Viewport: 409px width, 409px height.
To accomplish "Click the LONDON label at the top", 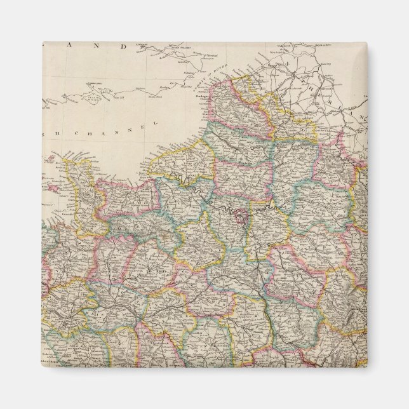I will tap(141, 45).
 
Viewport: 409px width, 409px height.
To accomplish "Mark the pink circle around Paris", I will tap(239, 218).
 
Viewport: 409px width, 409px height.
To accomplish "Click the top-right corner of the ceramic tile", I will tap(366, 43).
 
